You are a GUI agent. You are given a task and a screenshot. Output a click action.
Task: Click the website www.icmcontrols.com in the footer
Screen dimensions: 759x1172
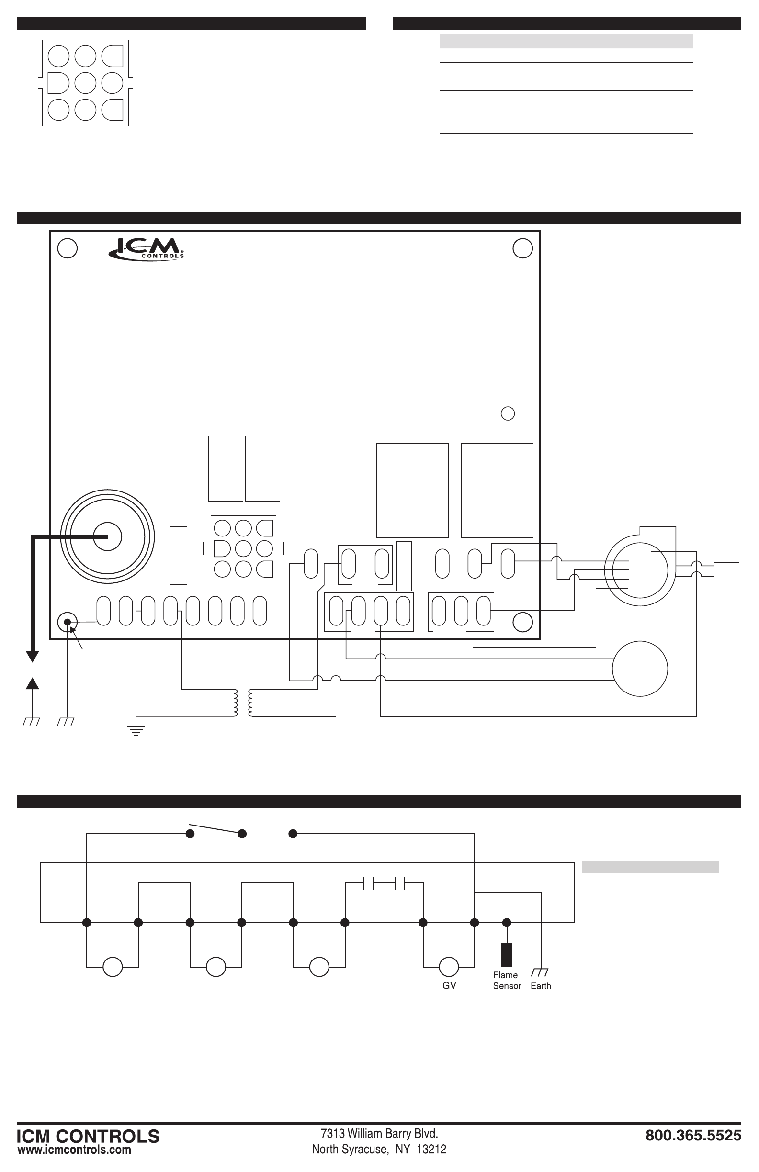click(74, 1150)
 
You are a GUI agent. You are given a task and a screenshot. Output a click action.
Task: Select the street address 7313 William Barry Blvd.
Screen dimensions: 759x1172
click(379, 1134)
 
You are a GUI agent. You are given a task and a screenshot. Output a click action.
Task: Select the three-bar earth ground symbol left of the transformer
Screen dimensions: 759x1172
click(136, 730)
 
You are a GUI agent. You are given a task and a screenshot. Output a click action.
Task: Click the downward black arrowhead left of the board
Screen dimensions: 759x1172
click(33, 657)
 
